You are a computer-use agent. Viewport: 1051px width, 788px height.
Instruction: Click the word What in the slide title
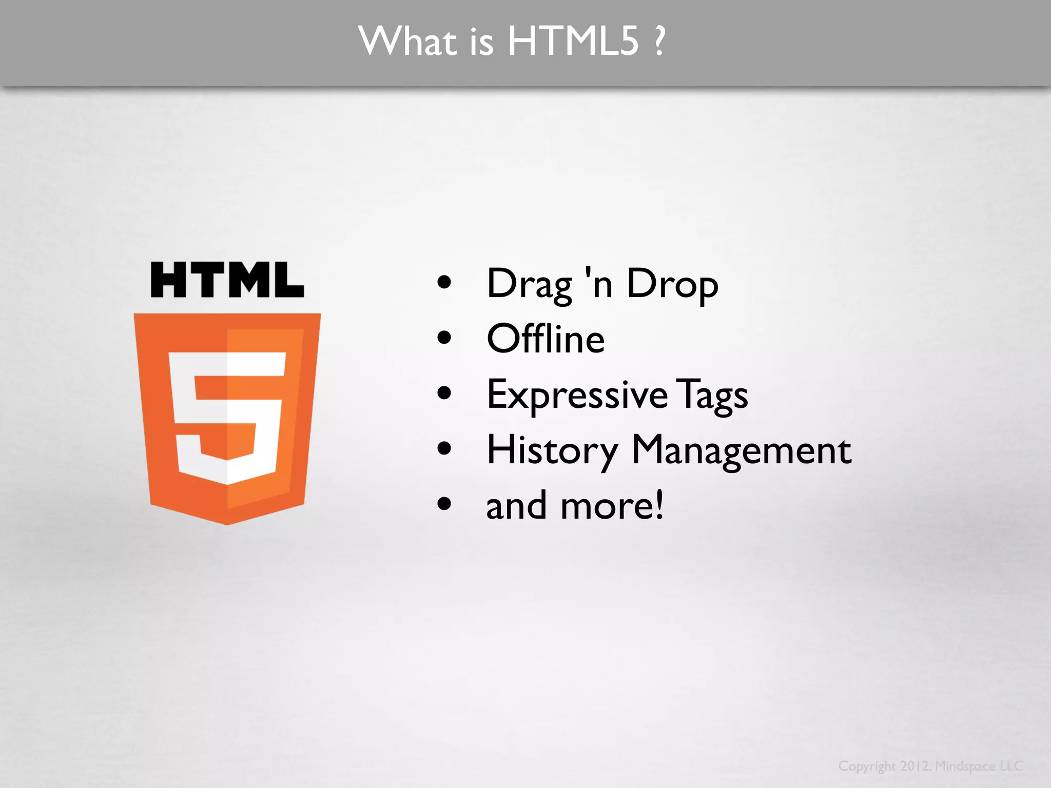click(407, 41)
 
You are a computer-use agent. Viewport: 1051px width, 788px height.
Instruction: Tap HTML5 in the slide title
click(573, 41)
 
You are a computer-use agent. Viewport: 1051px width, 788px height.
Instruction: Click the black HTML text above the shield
click(227, 280)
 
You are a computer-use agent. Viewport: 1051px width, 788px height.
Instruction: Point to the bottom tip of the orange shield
click(227, 522)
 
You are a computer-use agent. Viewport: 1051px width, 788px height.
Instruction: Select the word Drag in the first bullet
click(529, 284)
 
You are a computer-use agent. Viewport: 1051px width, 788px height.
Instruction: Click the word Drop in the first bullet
click(672, 284)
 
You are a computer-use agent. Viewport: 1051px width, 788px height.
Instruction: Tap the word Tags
click(712, 395)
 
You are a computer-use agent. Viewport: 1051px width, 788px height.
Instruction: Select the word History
click(552, 450)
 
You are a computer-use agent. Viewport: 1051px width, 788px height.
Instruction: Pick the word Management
click(741, 450)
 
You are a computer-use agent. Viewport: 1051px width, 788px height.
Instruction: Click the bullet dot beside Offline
click(444, 338)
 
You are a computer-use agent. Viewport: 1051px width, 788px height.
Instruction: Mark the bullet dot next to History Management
click(444, 449)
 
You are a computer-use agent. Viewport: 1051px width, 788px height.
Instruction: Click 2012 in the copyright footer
click(914, 766)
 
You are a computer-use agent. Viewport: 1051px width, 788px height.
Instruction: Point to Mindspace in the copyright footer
click(965, 766)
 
